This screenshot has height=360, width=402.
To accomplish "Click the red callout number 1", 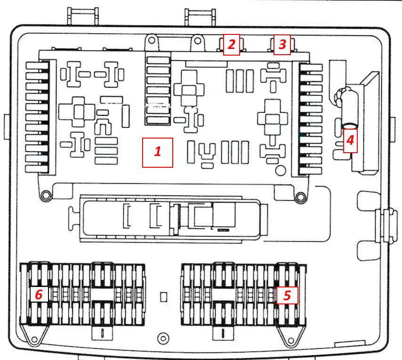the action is pyautogui.click(x=158, y=152).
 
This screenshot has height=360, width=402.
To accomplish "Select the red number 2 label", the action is pyautogui.click(x=232, y=45).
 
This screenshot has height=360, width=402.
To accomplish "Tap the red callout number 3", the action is pyautogui.click(x=282, y=45).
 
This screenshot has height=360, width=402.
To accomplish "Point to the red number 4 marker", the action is pyautogui.click(x=350, y=140).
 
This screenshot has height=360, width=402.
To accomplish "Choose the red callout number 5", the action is pyautogui.click(x=287, y=295).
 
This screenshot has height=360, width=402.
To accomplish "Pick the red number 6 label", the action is pyautogui.click(x=39, y=295).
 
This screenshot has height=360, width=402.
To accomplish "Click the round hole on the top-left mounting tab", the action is pyautogui.click(x=152, y=40).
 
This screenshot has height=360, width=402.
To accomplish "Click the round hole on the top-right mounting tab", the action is pyautogui.click(x=197, y=41).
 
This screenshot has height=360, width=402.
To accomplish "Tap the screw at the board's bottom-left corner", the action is pyautogui.click(x=46, y=195).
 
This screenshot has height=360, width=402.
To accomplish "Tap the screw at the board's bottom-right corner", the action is pyautogui.click(x=300, y=197).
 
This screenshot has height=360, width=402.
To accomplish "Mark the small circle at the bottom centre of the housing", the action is pyautogui.click(x=163, y=338).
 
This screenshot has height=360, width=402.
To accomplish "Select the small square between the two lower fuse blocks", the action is pyautogui.click(x=163, y=297).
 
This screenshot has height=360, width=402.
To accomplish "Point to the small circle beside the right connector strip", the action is pyautogui.click(x=280, y=171).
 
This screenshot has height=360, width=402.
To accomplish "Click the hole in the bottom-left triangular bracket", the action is pyautogui.click(x=34, y=340).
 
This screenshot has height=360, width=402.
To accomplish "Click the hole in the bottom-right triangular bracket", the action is pyautogui.click(x=291, y=341).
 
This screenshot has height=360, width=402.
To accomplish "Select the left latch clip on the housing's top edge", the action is pyautogui.click(x=83, y=16).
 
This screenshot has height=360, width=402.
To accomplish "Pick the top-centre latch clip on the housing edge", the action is pyautogui.click(x=200, y=17).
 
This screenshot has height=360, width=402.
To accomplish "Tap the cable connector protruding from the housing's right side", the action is pyautogui.click(x=386, y=226).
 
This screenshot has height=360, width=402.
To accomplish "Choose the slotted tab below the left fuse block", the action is pyautogui.click(x=102, y=333).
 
